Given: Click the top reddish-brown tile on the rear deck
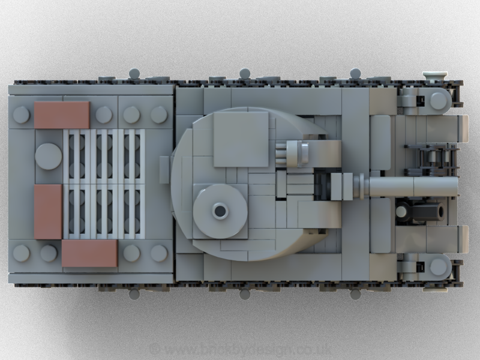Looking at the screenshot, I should coord(62,114).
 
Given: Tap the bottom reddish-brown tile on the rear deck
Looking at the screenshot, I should coord(89,253).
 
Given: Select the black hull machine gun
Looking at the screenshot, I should coord(423,211).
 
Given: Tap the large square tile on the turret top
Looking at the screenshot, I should coord(241,139).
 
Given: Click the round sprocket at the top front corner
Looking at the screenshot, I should coord(439,100).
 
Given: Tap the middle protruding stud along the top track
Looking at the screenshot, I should coord(245,73).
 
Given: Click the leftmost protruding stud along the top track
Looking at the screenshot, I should coord(134,73).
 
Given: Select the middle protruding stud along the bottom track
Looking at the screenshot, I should coord(244,295).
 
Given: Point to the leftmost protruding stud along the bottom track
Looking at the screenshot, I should coord(134,295).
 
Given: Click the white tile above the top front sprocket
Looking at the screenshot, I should coord(434,75).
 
